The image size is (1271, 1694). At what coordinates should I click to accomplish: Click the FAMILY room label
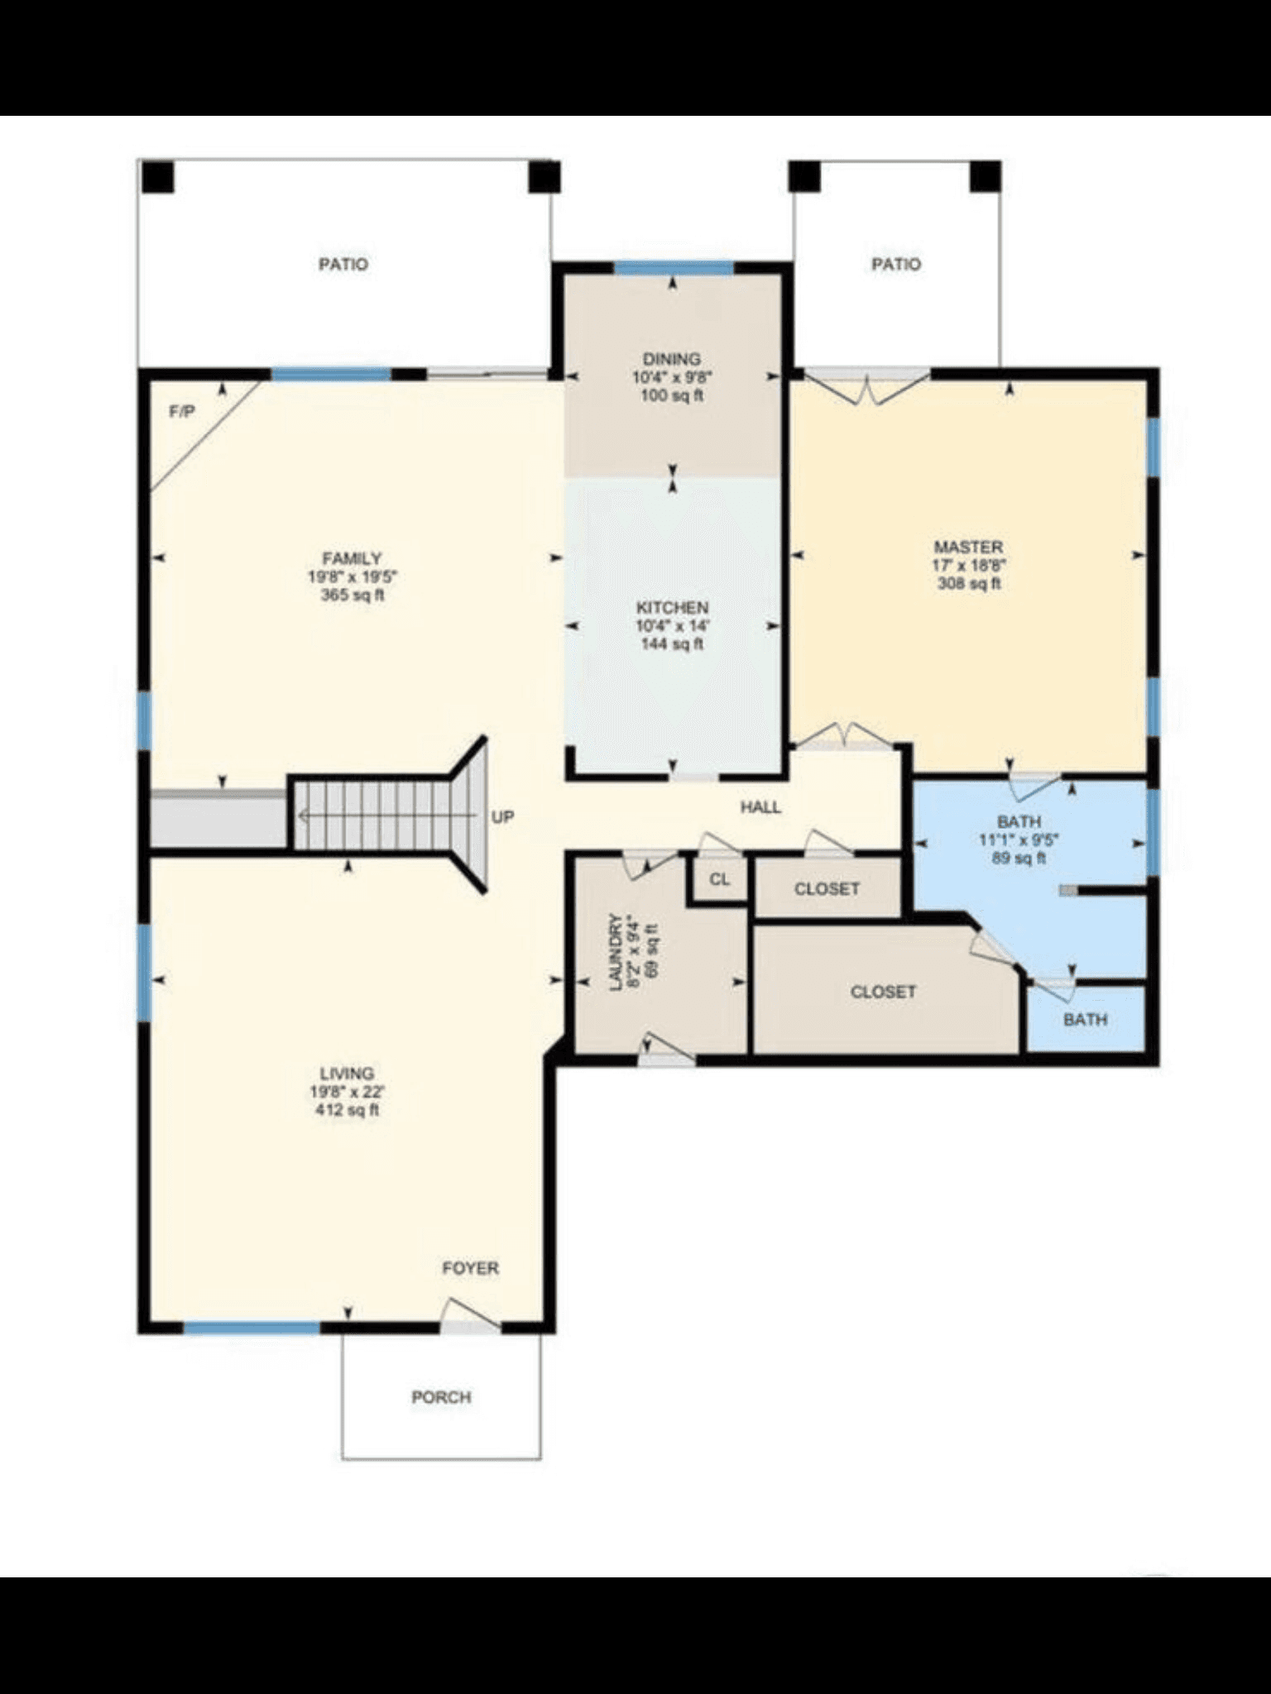[352, 558]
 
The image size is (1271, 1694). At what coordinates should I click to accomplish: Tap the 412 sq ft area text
[348, 1110]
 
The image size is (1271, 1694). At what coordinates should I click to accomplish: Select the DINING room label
[672, 359]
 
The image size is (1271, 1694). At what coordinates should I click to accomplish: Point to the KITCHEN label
[672, 607]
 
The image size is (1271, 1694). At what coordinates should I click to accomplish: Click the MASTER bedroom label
[968, 547]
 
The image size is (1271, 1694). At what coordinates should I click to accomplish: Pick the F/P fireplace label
[182, 411]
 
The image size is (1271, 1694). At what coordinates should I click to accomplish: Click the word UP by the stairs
[503, 816]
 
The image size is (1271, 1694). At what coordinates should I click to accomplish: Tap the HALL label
[760, 807]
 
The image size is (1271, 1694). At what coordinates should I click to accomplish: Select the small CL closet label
[720, 879]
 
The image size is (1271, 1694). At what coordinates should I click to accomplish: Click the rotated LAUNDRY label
[615, 951]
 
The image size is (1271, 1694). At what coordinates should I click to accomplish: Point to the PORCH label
[442, 1397]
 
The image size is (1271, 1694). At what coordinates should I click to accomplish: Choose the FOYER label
[470, 1268]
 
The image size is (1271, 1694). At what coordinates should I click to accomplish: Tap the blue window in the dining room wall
[674, 267]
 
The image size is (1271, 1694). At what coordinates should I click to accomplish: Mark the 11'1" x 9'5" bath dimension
[1019, 840]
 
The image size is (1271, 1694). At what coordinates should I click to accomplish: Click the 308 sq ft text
[969, 583]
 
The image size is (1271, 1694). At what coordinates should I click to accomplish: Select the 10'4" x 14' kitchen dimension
[672, 625]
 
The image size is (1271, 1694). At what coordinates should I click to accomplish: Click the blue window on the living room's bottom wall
[252, 1328]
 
